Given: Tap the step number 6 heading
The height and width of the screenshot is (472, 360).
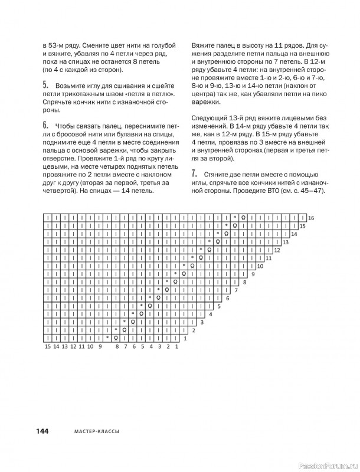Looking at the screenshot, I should [46, 124].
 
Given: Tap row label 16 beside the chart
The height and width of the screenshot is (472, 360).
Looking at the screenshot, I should [311, 218].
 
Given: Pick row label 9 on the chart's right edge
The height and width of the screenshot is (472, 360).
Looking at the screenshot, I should [253, 274].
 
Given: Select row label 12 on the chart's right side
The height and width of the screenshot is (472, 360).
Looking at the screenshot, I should [277, 250].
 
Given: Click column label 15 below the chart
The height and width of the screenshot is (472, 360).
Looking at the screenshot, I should [47, 347].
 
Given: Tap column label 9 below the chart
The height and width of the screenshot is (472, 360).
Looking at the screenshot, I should [101, 347].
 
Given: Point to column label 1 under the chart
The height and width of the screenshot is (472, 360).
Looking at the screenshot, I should [176, 347].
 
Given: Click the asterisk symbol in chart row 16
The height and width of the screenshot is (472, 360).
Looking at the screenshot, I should [234, 218].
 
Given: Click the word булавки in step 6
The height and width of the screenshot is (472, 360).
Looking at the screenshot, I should [121, 134].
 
